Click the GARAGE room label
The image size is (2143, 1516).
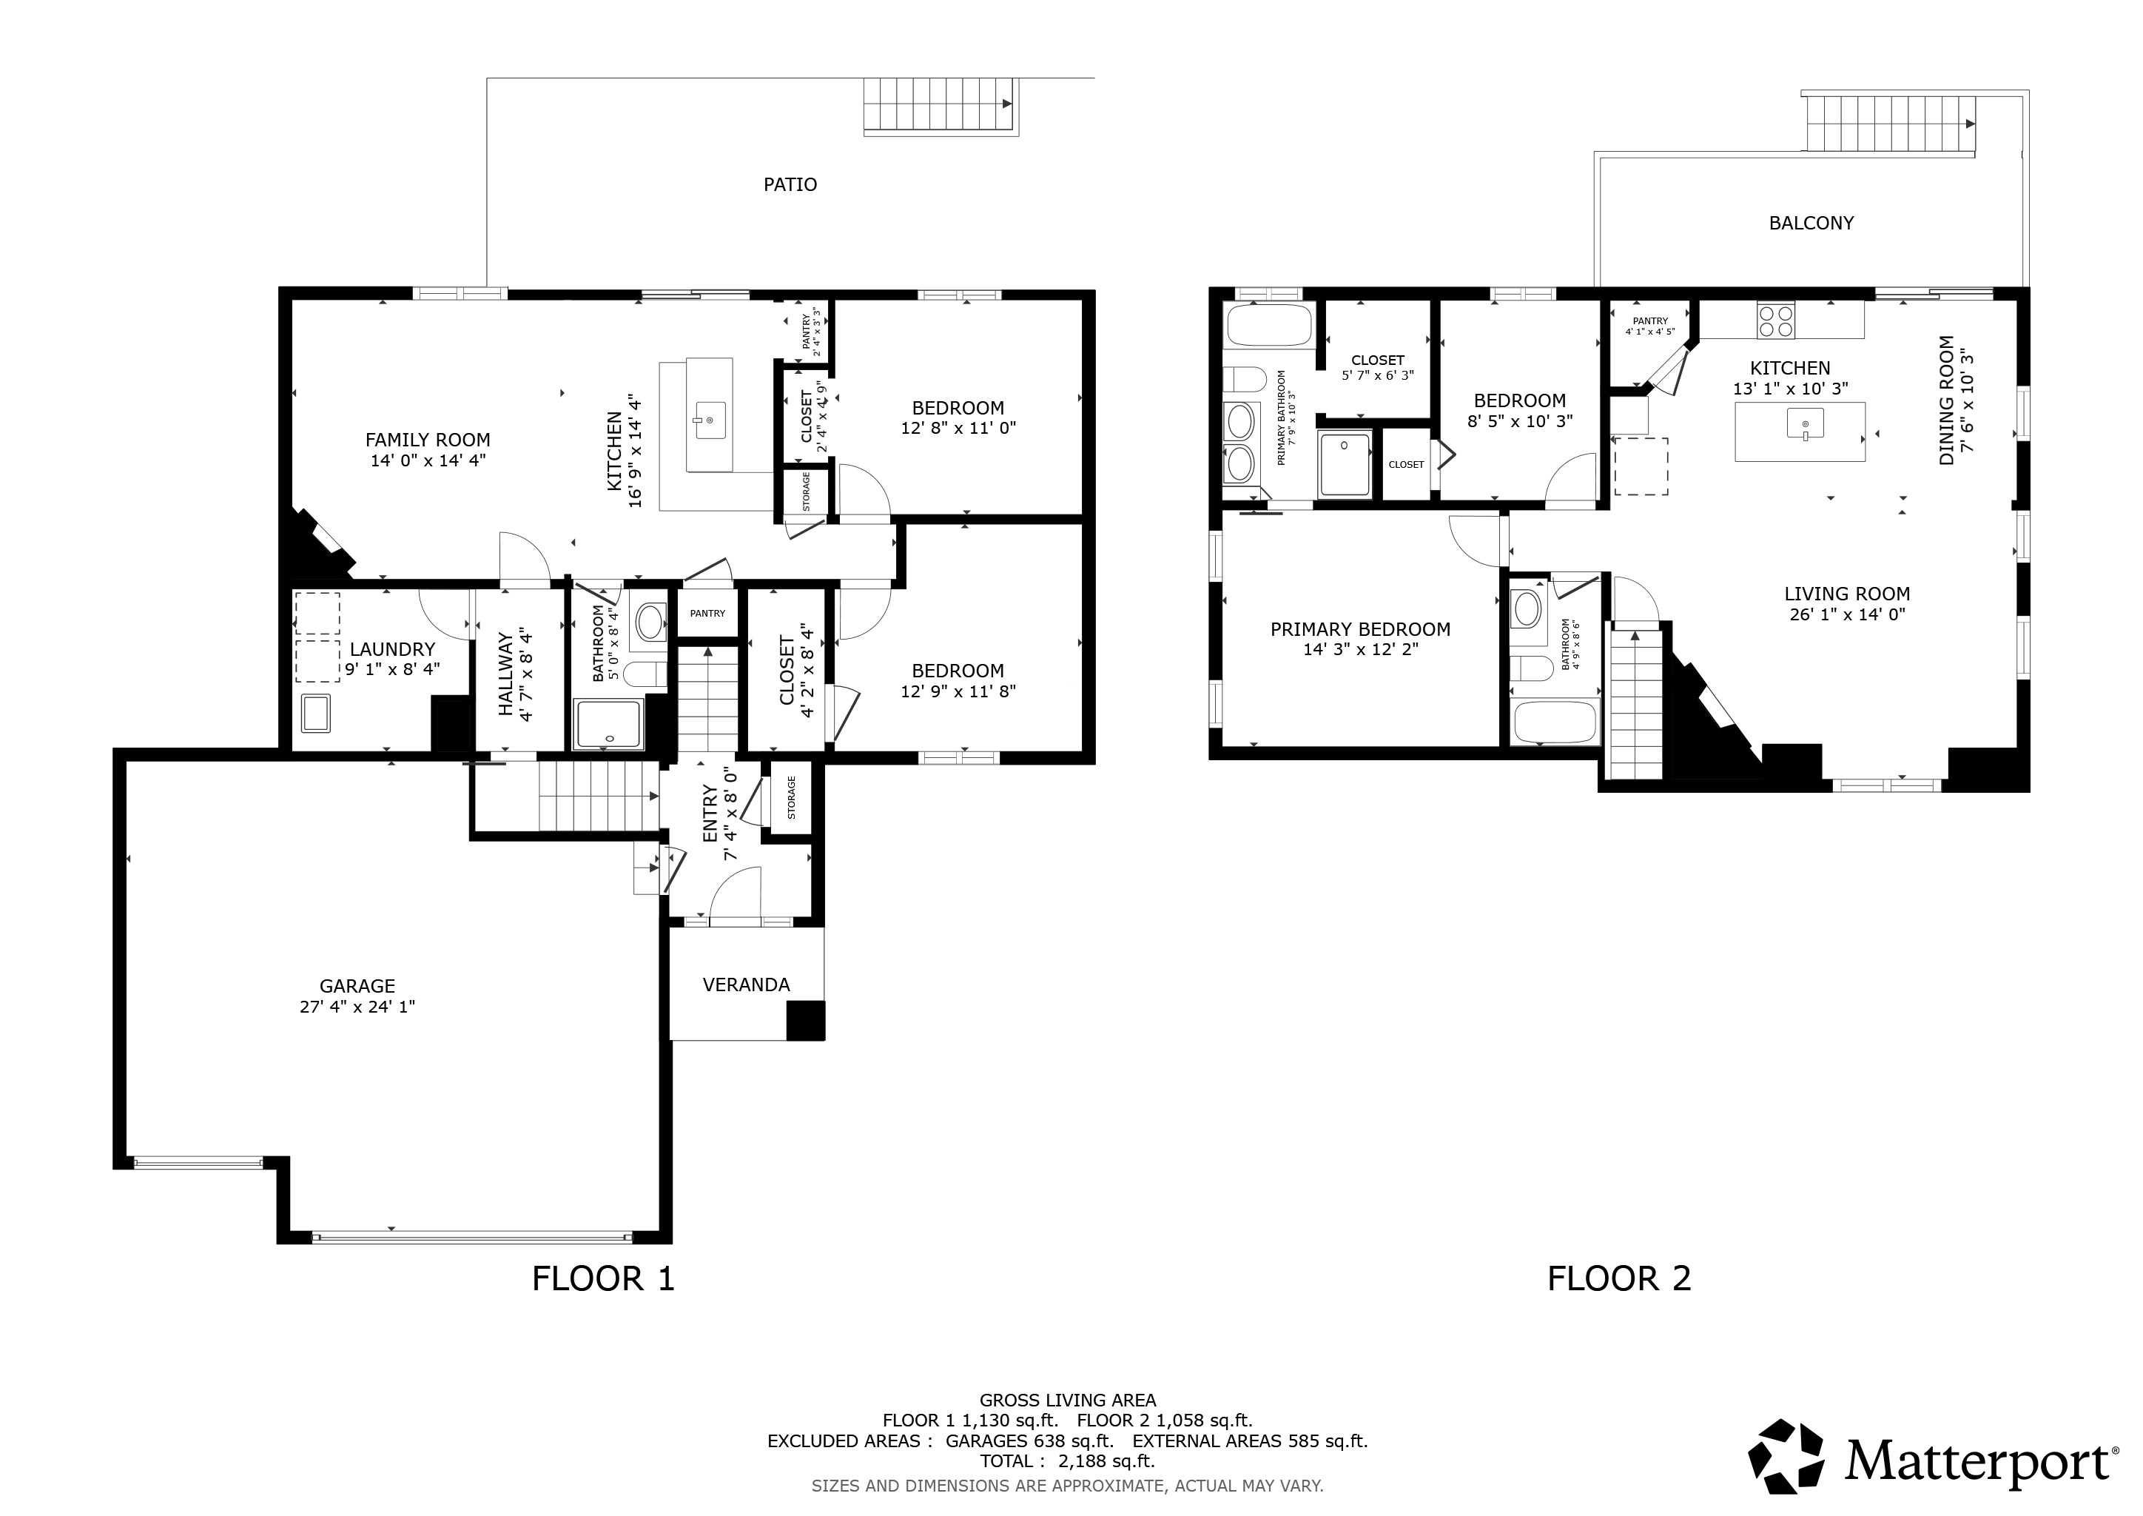point(357,986)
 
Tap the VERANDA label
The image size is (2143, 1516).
point(746,985)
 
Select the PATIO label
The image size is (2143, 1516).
point(790,185)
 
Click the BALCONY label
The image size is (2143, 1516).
point(1811,223)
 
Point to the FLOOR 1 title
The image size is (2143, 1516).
point(603,1278)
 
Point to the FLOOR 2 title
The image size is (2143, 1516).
point(1618,1278)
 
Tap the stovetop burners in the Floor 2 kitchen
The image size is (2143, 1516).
point(1775,321)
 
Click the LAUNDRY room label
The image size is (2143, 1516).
point(392,648)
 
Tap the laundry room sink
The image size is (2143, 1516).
point(315,714)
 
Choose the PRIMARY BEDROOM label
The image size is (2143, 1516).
point(1360,629)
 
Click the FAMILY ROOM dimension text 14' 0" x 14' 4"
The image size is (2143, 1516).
point(428,460)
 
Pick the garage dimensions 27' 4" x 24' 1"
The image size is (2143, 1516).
point(357,1006)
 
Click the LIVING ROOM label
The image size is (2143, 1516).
point(1847,594)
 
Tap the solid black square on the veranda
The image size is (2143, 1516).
point(806,1020)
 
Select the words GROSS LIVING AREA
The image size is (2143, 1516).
point(1068,1401)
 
